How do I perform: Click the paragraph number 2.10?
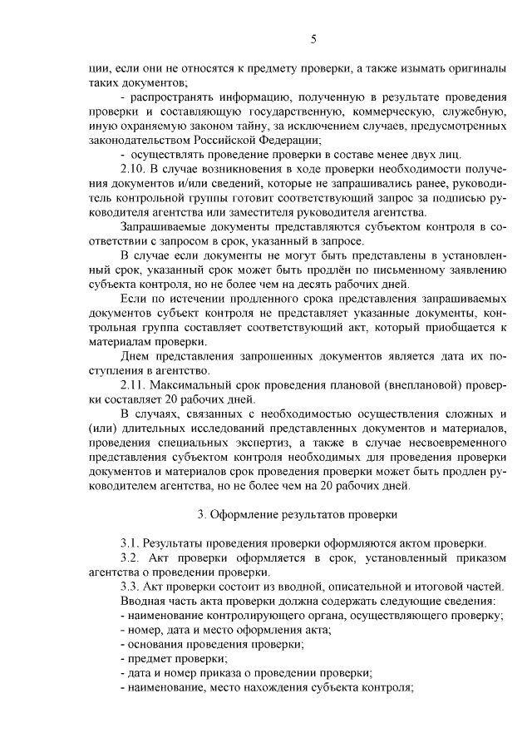pyautogui.click(x=135, y=170)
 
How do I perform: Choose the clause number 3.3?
pyautogui.click(x=131, y=587)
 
